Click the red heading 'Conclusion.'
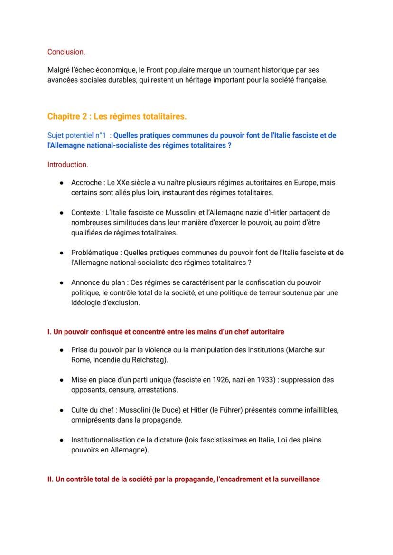click(x=66, y=52)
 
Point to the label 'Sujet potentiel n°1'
click(x=76, y=135)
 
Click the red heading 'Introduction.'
click(x=67, y=165)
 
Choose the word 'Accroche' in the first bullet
click(x=86, y=182)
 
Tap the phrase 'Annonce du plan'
click(x=98, y=282)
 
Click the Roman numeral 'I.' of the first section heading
click(x=49, y=331)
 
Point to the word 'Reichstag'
click(x=150, y=360)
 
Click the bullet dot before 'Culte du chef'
click(x=62, y=410)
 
